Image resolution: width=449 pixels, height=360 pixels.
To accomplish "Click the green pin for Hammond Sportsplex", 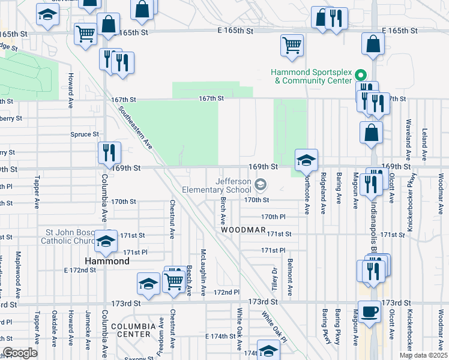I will [x=361, y=75].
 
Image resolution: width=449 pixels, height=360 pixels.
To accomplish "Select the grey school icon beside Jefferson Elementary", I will [x=261, y=184].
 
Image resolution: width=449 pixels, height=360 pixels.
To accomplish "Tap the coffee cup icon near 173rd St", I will [x=370, y=312].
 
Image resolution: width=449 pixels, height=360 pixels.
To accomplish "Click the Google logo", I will [x=20, y=353].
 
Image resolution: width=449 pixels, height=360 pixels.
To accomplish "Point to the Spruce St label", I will [x=85, y=134].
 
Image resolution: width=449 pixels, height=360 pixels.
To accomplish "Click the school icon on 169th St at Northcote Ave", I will [x=306, y=160].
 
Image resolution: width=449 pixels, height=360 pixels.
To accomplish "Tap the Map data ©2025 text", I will [x=423, y=355].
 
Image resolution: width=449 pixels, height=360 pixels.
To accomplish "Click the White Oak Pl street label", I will [x=274, y=323].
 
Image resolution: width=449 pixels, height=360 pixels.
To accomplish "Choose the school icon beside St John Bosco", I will [x=106, y=241].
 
